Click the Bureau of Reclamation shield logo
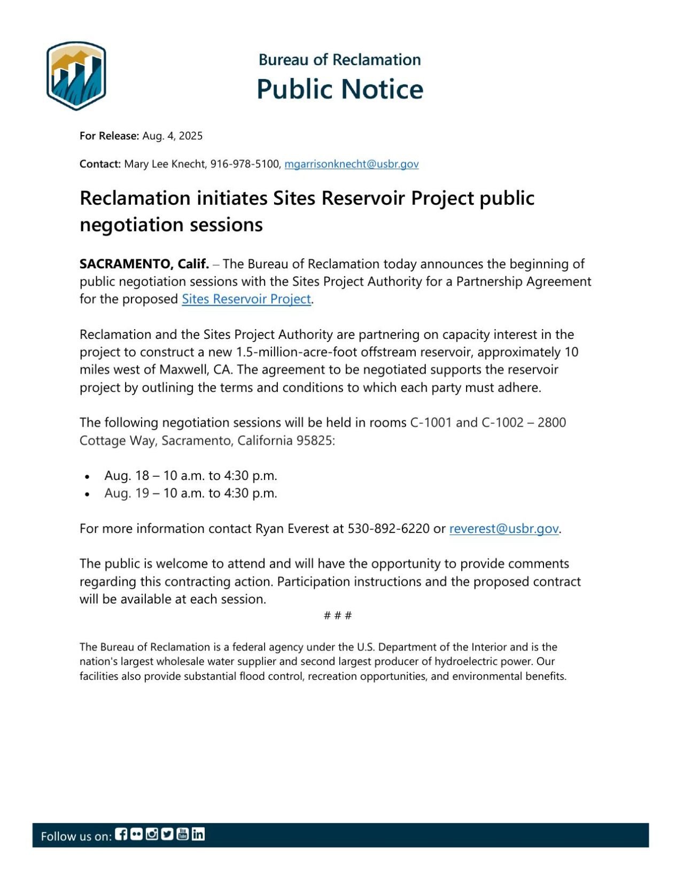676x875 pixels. (x=76, y=75)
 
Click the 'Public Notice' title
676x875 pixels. (x=339, y=89)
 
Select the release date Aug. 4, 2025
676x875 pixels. (x=172, y=136)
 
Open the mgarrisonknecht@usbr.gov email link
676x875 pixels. (x=351, y=164)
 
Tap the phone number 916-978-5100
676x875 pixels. (x=244, y=164)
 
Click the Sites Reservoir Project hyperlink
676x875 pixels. (x=246, y=299)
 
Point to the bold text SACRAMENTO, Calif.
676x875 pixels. (x=144, y=264)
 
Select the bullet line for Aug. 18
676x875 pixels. (x=190, y=475)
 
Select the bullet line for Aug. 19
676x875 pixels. (x=190, y=493)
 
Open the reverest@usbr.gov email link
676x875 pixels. (x=503, y=529)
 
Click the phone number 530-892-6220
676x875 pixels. (x=388, y=529)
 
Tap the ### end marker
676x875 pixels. (x=337, y=615)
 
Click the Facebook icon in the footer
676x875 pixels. (x=121, y=834)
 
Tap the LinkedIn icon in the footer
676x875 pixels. (x=198, y=834)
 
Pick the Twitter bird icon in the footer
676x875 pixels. (x=167, y=834)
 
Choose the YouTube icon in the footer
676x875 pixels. (x=182, y=834)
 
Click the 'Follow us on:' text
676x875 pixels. (x=76, y=836)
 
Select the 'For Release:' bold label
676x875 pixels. (x=109, y=136)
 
